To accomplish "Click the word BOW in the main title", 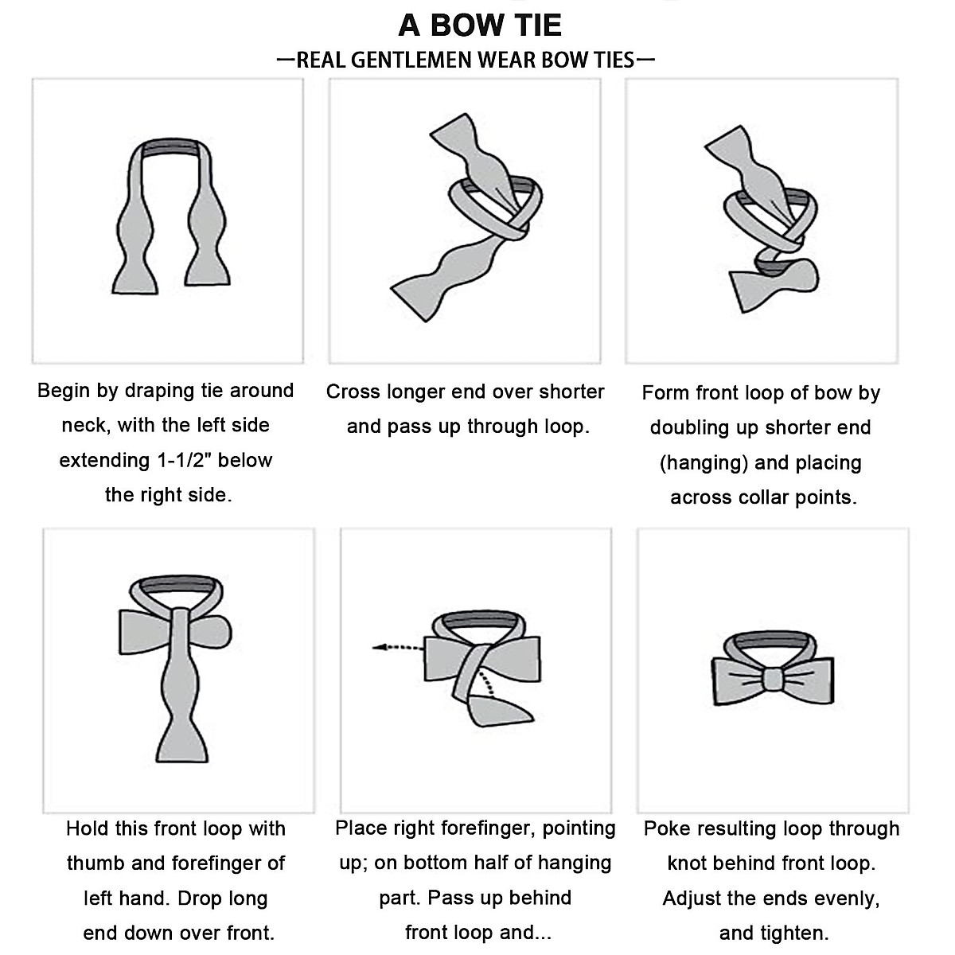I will (469, 25).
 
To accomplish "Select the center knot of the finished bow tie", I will (771, 681).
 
